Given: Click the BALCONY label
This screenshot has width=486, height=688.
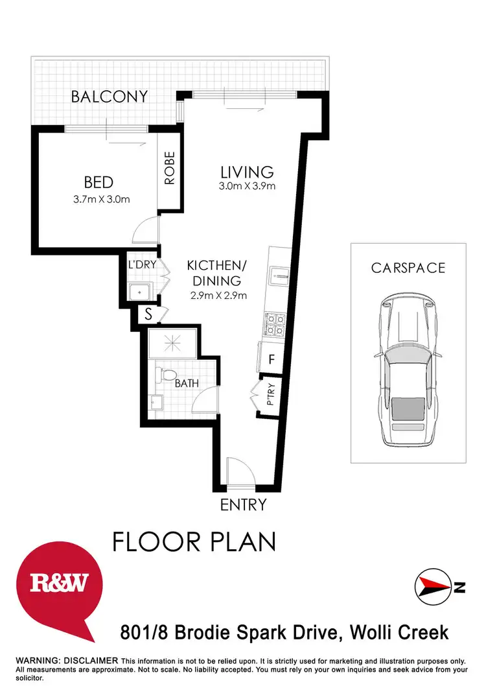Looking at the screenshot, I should [110, 97].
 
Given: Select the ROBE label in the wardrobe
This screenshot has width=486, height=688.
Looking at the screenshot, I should [170, 169].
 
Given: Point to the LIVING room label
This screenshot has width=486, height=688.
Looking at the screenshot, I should [247, 172].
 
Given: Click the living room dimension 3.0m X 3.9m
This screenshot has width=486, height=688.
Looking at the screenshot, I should [248, 187].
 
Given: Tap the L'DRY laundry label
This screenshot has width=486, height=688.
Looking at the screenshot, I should [141, 264].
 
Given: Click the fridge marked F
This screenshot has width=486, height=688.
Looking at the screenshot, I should [272, 358].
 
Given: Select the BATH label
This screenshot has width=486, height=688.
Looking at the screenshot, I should [187, 383].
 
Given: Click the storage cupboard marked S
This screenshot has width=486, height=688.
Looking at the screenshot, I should [148, 315].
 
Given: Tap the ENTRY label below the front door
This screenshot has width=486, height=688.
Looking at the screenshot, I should [244, 504].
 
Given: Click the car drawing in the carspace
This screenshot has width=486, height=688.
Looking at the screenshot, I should [408, 370].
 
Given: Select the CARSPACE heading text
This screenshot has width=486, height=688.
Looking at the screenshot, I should [408, 267].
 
